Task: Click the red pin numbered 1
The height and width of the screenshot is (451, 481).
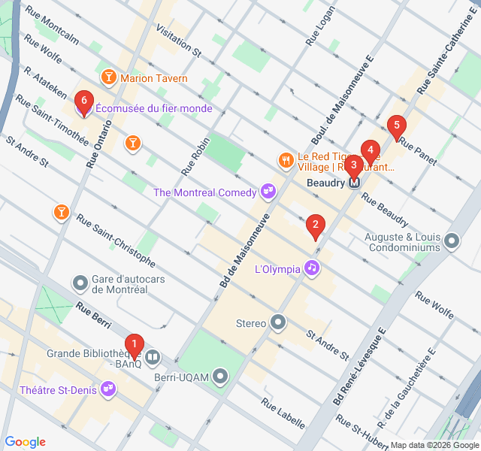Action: (134, 346)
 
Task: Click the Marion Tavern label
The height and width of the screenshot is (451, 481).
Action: (153, 78)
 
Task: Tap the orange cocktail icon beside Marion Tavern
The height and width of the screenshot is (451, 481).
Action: (108, 77)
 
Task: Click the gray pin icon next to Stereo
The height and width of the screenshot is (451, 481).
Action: (279, 323)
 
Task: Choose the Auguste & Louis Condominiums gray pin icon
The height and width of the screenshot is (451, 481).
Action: (452, 241)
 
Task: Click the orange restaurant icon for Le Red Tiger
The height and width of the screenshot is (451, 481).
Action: (286, 159)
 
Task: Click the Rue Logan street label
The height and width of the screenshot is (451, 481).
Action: (319, 29)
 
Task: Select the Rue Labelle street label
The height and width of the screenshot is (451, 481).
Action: (283, 413)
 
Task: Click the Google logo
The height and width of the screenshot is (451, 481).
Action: (25, 442)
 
